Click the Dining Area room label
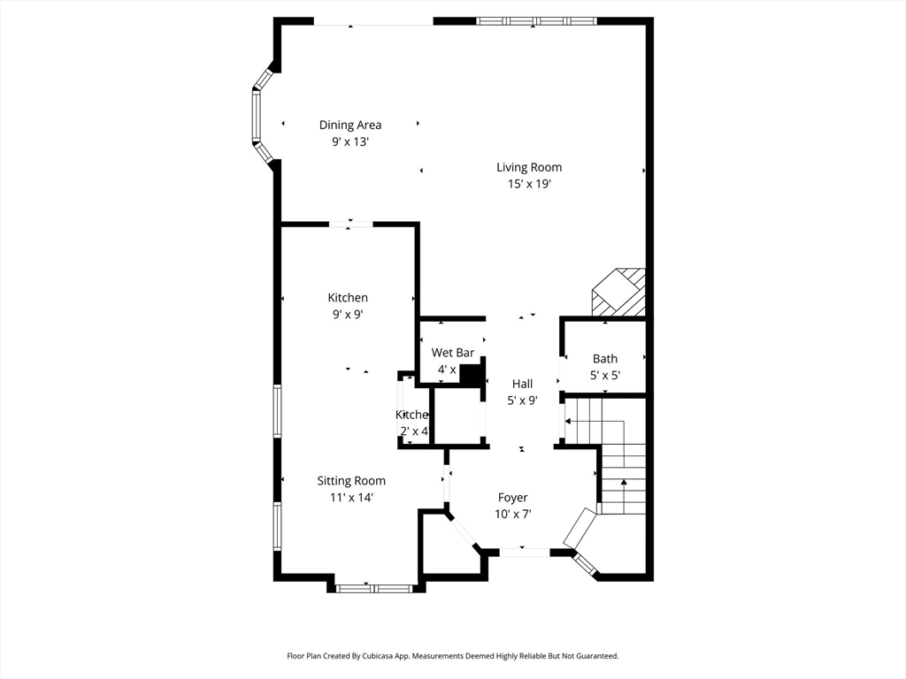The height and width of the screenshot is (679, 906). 350,126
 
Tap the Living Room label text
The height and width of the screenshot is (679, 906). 528,167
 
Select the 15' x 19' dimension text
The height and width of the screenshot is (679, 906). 529,184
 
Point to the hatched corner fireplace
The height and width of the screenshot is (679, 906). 620,293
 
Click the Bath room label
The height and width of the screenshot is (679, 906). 605,359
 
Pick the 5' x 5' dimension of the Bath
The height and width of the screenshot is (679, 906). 605,375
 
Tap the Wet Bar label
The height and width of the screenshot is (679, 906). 453,353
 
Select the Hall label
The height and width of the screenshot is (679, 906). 522,384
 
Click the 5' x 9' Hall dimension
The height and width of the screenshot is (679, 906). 522,400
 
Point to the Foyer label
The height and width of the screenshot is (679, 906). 512,498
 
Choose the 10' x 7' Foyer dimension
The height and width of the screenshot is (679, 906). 512,514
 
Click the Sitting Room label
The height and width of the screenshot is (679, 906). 351,481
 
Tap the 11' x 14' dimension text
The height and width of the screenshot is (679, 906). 351,497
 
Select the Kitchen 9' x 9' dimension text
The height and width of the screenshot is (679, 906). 347,314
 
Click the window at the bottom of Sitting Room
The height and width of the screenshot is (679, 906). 374,588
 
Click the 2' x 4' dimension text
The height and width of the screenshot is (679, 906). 414,431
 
